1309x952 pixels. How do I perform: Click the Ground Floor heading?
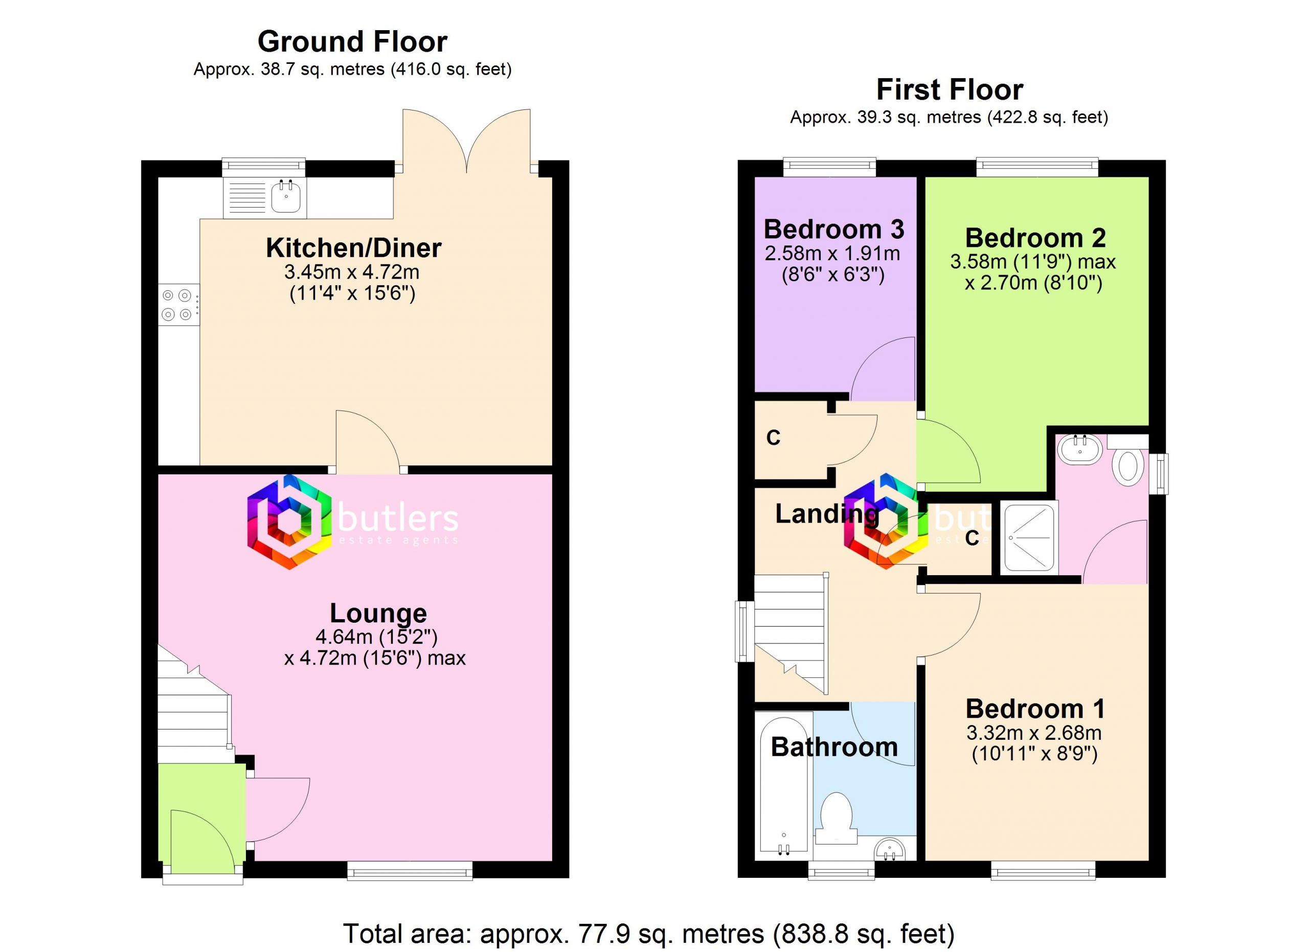click(x=352, y=41)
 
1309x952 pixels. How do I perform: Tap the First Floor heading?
click(x=950, y=90)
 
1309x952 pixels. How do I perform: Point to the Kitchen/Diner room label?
click(x=353, y=248)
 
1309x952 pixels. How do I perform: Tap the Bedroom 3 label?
click(x=833, y=229)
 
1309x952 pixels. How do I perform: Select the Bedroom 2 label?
click(x=1035, y=238)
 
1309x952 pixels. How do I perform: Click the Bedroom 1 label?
click(x=1035, y=709)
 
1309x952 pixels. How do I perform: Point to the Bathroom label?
click(x=834, y=747)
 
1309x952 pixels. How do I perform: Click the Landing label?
click(x=826, y=514)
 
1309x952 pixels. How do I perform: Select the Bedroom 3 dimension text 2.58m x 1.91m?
click(x=833, y=254)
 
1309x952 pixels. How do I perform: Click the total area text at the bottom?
click(x=649, y=934)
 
